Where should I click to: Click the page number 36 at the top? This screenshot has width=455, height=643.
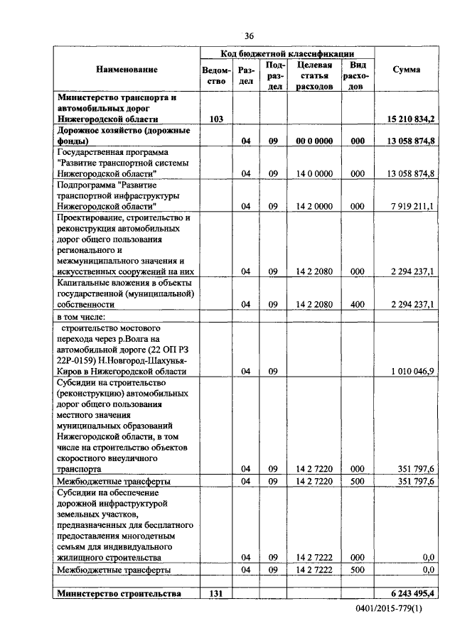[249, 36]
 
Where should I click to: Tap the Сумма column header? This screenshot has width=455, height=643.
[406, 70]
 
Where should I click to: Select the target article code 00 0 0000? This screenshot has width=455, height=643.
[315, 141]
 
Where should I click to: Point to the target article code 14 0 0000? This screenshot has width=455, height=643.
[315, 173]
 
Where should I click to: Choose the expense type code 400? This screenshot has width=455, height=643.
[358, 304]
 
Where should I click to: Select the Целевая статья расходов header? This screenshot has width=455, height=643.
[315, 76]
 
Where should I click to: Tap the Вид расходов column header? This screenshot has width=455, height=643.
[358, 76]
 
